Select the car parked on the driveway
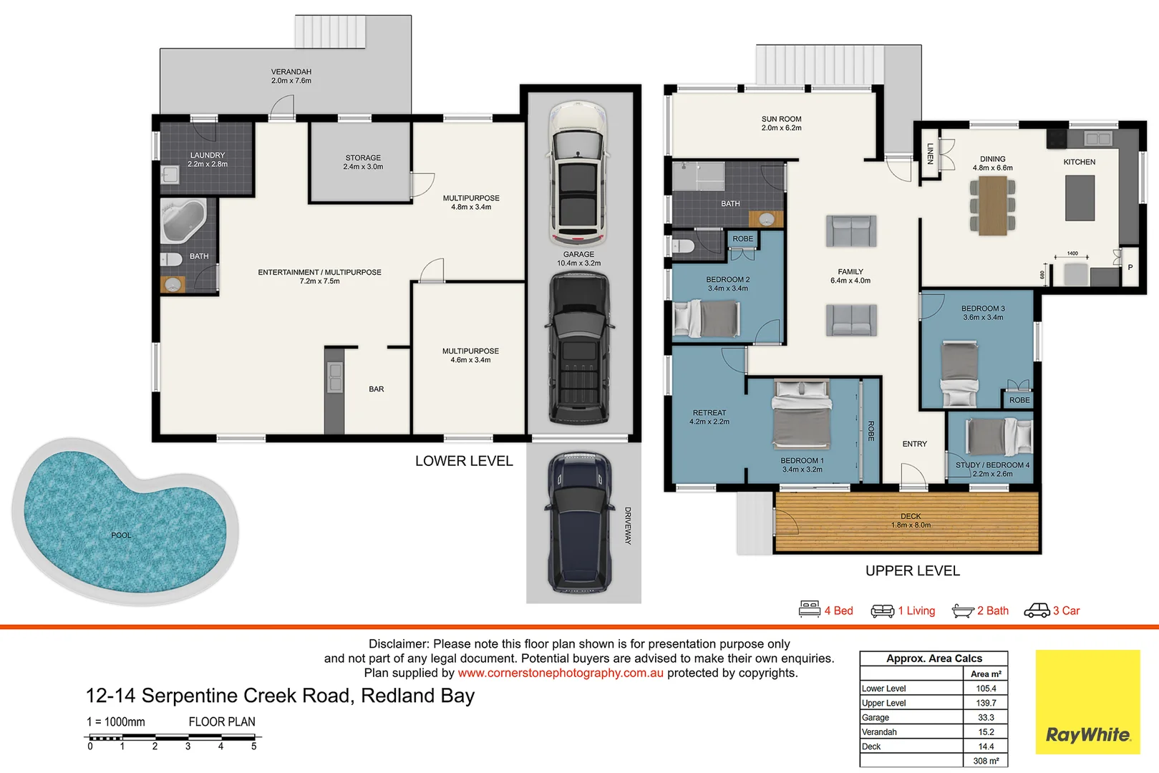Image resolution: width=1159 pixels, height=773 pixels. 580,522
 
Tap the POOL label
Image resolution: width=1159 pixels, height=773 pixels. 121,535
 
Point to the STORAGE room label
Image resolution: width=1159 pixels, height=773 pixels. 363,158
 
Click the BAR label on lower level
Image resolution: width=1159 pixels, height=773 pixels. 377,389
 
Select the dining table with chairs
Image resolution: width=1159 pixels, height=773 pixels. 993,205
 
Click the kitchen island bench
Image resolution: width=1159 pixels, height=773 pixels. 1080,198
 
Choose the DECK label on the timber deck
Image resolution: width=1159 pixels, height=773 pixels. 911,516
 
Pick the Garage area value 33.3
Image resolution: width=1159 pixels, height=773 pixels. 986,717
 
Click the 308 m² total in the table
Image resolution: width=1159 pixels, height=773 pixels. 986,761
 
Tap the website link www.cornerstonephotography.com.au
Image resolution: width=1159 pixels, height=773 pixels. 561,673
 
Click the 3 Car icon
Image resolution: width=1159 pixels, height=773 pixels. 1037,611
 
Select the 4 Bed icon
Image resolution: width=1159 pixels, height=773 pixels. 810,610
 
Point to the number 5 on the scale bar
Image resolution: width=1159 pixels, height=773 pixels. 253,747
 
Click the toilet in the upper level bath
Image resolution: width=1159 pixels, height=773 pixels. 683,247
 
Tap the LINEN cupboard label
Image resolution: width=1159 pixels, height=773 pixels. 930,153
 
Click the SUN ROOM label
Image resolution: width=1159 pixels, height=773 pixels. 781,120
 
